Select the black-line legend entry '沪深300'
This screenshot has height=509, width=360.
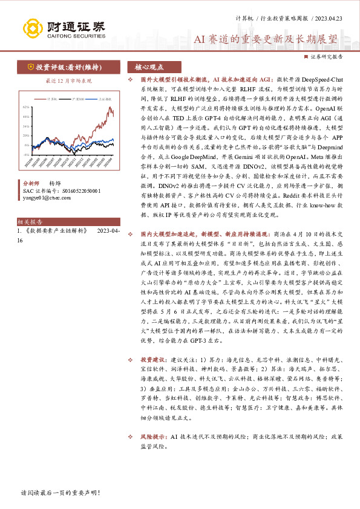(x=77, y=98)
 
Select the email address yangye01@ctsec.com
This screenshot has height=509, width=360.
(x=45, y=196)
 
